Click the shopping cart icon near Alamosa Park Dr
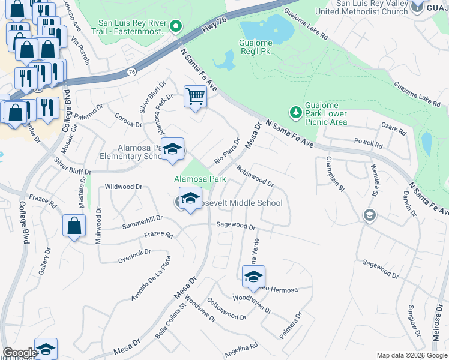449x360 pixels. pos(195,96)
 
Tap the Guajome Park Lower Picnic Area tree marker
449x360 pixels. pos(295,112)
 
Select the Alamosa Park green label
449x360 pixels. pos(200,179)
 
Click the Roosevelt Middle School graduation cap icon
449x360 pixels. pos(190,200)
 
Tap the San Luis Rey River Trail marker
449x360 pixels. pos(175,26)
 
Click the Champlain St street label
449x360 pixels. pos(334,175)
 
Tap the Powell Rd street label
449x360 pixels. pos(368,145)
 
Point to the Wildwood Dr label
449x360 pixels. pos(124,187)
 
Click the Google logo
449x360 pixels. pos(19,353)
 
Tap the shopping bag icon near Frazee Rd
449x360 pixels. pos(74,226)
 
